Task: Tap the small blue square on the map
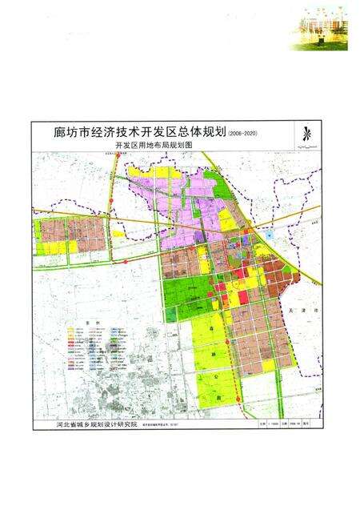(x=270, y=235)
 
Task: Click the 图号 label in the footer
(x=314, y=427)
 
